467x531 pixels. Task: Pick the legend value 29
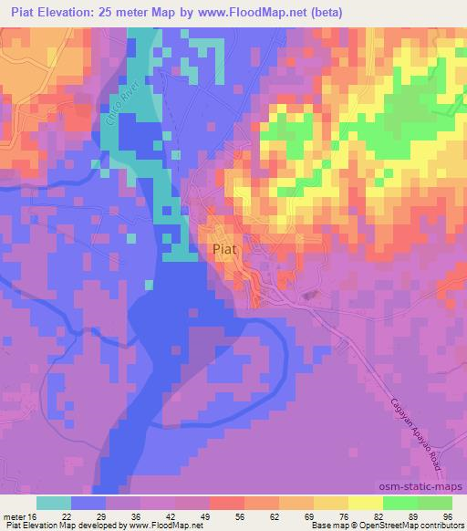123,516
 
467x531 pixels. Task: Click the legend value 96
446,516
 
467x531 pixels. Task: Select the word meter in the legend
16,516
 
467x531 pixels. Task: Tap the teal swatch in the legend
54,503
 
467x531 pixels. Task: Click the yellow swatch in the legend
365,503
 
